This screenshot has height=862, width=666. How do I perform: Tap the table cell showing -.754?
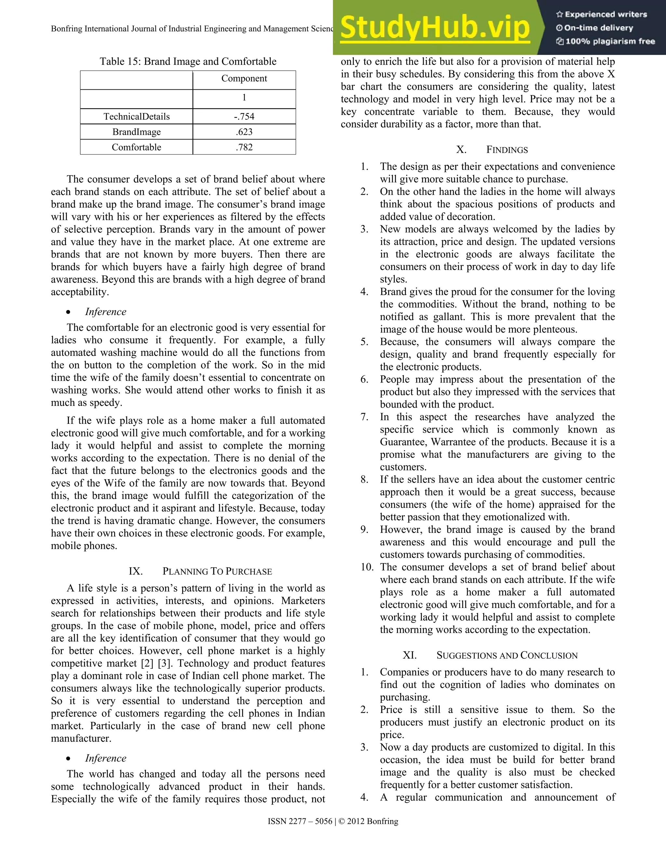244,116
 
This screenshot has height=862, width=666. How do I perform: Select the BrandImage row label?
137,132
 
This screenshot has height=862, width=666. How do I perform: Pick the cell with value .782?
244,147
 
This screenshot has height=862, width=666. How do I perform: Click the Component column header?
244,78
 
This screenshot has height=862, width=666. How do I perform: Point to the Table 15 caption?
188,61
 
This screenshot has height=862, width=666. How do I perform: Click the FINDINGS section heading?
507,150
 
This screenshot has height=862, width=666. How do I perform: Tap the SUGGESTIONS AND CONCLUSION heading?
507,655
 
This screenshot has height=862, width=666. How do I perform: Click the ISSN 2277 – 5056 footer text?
300,821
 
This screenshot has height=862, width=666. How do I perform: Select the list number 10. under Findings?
367,567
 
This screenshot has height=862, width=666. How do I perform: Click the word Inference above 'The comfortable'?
106,312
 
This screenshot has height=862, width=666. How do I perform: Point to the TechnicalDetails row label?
137,116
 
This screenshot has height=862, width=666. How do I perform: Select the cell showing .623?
244,132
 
